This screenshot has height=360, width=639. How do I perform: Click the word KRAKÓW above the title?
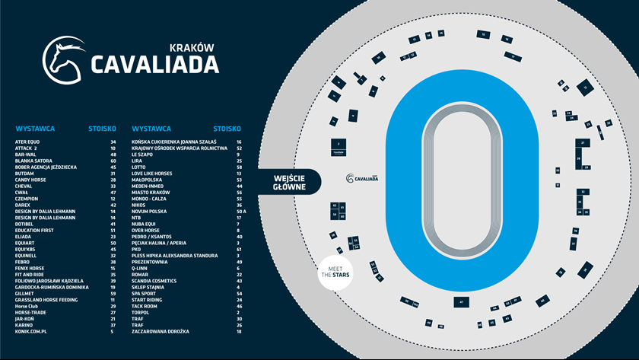click(195, 47)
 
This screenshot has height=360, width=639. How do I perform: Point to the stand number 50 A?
click(240, 212)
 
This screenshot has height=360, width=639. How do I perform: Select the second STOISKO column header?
click(227, 129)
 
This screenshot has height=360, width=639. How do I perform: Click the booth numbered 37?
click(574, 244)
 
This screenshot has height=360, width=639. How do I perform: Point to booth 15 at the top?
click(483, 34)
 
